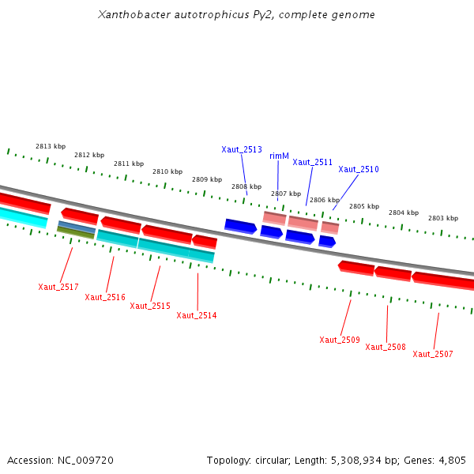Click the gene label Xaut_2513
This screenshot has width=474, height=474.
(x=242, y=149)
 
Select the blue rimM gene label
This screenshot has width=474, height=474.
(x=279, y=156)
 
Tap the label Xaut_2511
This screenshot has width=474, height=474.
(x=313, y=162)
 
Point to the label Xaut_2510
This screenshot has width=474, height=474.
(x=359, y=169)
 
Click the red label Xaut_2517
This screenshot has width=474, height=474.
(x=58, y=287)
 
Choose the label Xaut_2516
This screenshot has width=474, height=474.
(x=105, y=297)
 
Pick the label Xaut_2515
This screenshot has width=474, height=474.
(x=150, y=306)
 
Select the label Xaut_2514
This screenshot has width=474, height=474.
(x=197, y=315)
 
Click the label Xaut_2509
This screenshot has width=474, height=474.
(x=340, y=340)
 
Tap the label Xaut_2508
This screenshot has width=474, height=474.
(x=386, y=347)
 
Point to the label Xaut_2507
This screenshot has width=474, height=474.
(x=433, y=354)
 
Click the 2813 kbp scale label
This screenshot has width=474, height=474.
(x=51, y=146)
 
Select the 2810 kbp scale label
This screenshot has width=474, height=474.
(x=167, y=171)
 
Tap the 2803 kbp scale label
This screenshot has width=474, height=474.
(x=443, y=218)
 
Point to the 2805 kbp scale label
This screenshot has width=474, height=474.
(x=364, y=206)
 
